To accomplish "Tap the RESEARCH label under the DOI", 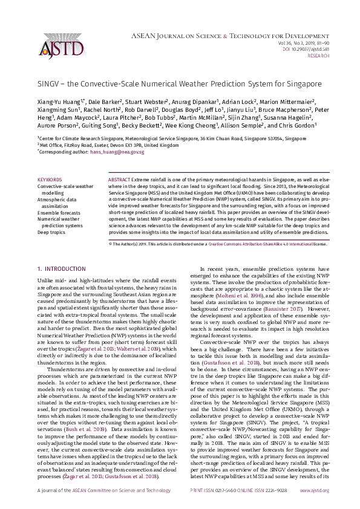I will (x=319, y=55).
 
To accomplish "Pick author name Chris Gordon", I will (x=300, y=126).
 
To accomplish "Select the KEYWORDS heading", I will (x=49, y=180).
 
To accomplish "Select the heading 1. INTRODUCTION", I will (x=62, y=268).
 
